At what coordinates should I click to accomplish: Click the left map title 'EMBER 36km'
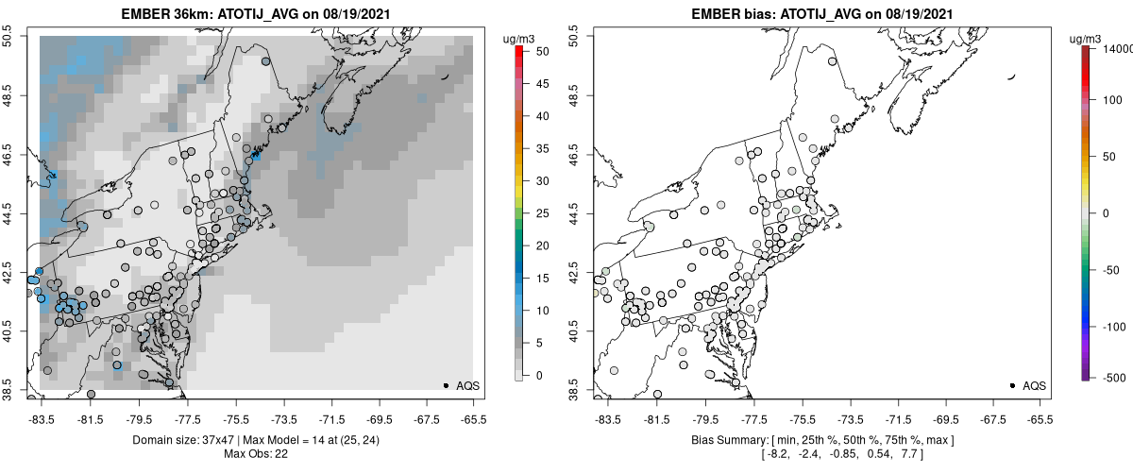pyautogui.click(x=159, y=14)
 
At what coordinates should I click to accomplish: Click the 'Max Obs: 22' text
pyautogui.click(x=257, y=454)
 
